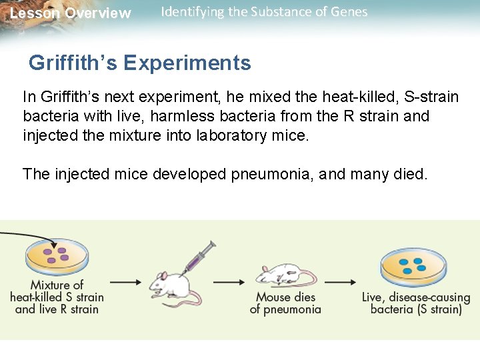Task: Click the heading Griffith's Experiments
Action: click(x=140, y=63)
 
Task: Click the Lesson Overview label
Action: click(x=71, y=13)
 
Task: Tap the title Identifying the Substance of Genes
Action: click(x=264, y=12)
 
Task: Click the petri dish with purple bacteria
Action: click(x=57, y=256)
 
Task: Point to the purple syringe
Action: click(x=200, y=257)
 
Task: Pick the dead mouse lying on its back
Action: click(x=284, y=274)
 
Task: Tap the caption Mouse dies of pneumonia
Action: click(x=285, y=303)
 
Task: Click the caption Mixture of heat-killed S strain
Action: click(x=57, y=297)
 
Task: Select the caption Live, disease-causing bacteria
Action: click(x=416, y=303)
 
